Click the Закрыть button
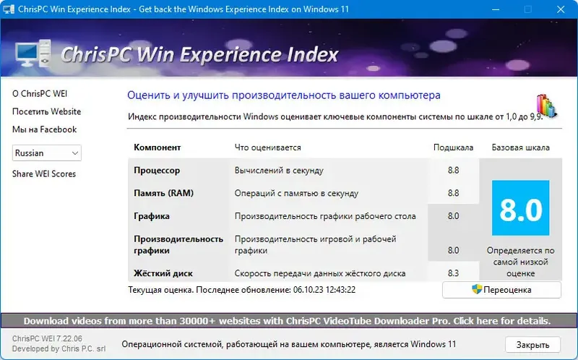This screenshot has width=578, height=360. (532, 345)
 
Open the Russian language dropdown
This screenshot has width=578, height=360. (47, 153)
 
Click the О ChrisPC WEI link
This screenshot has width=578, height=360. (40, 94)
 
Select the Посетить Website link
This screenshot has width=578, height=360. (46, 112)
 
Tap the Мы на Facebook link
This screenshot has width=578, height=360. (44, 129)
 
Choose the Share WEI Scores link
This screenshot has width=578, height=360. (44, 173)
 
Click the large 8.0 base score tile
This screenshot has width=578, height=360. (520, 208)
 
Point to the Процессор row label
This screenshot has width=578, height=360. (157, 171)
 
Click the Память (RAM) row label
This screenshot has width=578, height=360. (163, 193)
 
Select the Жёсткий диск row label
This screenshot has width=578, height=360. (163, 273)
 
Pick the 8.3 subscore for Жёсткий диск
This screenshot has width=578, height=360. (453, 273)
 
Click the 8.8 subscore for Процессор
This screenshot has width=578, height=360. (453, 171)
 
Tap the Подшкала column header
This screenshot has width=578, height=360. (453, 147)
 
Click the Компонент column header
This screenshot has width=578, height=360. (158, 147)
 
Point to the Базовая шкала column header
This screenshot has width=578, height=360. (520, 147)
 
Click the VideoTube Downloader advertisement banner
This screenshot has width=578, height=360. (288, 320)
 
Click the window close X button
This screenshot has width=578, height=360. (561, 9)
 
